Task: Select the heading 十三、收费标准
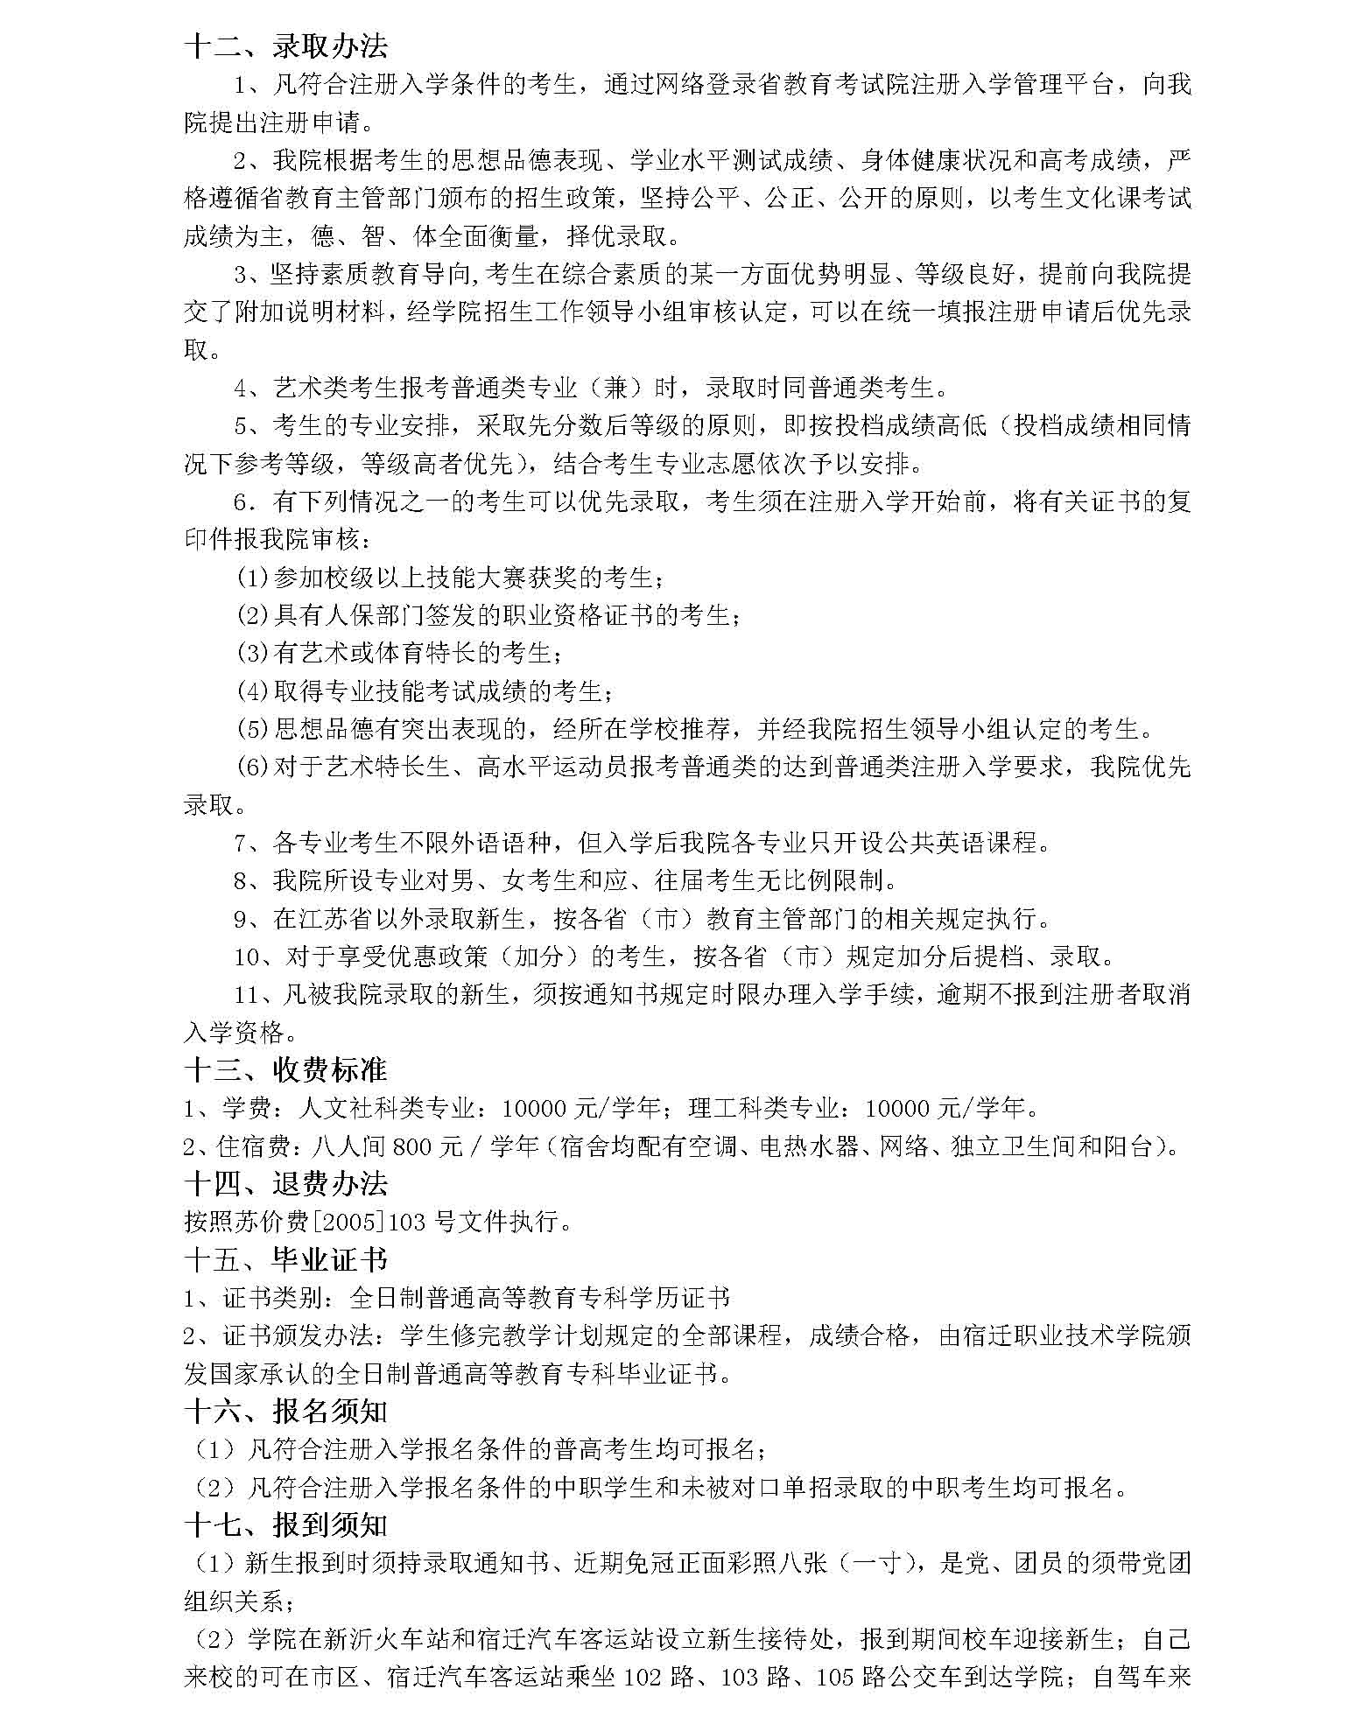(x=285, y=1069)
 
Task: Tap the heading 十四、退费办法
(x=285, y=1183)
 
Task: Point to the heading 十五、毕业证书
(x=285, y=1259)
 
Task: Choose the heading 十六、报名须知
(x=285, y=1412)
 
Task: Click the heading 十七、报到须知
(x=285, y=1525)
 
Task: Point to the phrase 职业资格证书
(x=578, y=615)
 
